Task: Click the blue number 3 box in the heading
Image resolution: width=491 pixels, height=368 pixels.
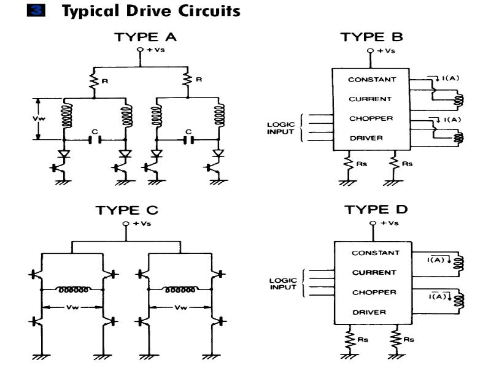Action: pos(36,10)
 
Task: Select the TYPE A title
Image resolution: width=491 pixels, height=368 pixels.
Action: pos(145,37)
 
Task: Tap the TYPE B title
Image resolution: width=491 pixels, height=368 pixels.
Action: pos(372,37)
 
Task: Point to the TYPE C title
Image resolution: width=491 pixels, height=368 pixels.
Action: pos(127,210)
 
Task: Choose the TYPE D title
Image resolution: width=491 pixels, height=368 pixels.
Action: pos(376,209)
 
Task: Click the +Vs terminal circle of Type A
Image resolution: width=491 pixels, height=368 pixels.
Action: pos(140,50)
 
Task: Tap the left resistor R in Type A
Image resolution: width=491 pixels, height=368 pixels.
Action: pos(94,82)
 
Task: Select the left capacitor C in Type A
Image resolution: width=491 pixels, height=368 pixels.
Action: pos(95,140)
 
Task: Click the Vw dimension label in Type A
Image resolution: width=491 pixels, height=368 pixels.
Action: pos(39,118)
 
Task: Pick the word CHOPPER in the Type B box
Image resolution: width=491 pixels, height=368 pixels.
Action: pos(371,118)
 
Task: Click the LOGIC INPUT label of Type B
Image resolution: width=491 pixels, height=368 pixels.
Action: pos(280,128)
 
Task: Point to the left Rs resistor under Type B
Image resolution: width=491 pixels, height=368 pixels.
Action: pos(348,163)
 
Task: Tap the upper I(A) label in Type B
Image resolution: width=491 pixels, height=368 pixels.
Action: pos(450,78)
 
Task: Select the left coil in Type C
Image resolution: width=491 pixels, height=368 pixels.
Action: pos(73,289)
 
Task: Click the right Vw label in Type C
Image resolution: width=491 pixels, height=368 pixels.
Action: pos(180,307)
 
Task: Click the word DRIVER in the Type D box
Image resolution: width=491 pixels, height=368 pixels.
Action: pos(369,312)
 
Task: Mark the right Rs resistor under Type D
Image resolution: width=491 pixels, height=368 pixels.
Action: pos(396,340)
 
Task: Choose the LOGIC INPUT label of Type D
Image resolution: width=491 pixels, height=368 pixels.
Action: pos(283,283)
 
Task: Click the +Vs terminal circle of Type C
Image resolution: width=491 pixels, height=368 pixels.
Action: pos(126,224)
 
